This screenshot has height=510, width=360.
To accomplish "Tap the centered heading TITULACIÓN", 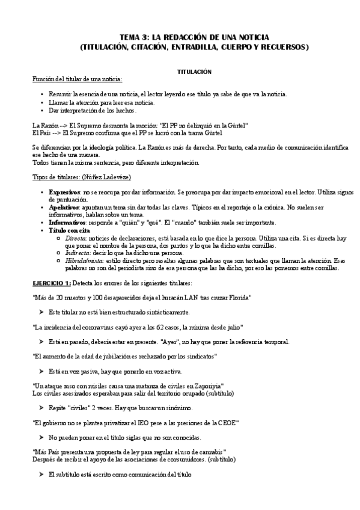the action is (194, 72).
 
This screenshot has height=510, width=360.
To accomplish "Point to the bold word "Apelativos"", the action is (65, 206).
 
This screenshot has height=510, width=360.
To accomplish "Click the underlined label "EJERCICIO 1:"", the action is (52, 283).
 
